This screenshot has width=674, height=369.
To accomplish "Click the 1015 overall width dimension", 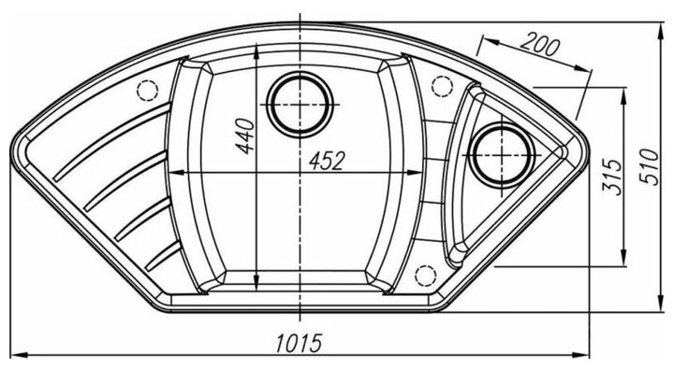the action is pos(299,342).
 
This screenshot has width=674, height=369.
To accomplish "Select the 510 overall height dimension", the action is pos(650,167).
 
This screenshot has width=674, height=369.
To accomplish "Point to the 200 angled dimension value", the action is pos(540,45).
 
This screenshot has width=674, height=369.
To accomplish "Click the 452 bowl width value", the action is pos(327,161).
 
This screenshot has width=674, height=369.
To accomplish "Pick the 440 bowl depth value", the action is pos(245,136).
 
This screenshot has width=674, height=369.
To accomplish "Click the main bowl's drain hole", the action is pos(300,106).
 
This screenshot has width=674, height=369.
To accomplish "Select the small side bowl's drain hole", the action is pos(502,155).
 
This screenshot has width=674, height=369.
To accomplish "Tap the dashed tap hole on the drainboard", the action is pos(148,91).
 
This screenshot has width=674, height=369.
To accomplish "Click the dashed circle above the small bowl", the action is pos(441,86).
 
